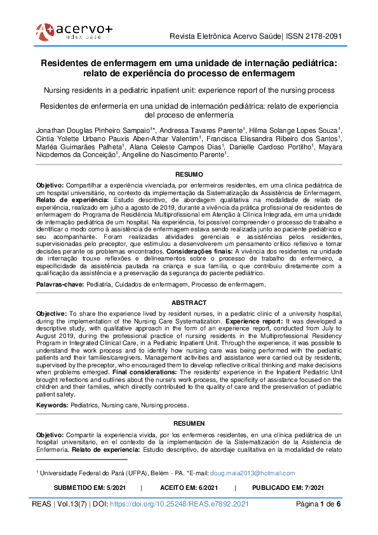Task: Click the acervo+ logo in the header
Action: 74,30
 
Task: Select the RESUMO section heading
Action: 189,174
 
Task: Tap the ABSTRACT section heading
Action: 189,303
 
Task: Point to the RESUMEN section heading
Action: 189,423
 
